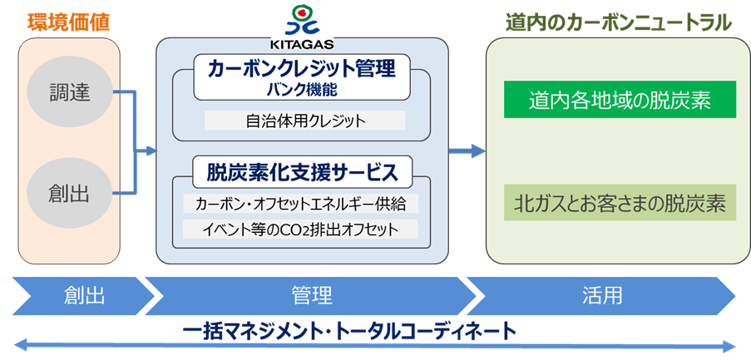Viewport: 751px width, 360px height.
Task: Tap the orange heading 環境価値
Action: pos(69,22)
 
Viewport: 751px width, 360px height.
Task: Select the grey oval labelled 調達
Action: pos(70,93)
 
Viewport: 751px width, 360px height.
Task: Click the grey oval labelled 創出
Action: pos(70,194)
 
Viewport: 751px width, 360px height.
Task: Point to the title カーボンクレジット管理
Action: pos(302,69)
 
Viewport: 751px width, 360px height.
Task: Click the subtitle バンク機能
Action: pos(302,91)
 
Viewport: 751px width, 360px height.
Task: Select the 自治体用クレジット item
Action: pos(305,121)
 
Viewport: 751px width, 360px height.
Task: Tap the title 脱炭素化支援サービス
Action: pos(303,172)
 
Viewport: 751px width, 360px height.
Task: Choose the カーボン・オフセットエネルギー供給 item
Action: pos(301,204)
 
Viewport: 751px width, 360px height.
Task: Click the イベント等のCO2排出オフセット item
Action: pos(301,229)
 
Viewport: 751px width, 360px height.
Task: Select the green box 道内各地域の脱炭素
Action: pos(620,100)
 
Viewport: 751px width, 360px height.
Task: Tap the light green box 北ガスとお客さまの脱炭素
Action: pos(620,203)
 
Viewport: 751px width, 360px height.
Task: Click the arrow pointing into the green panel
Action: pos(467,150)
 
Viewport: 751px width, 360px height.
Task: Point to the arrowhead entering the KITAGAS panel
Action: pos(152,151)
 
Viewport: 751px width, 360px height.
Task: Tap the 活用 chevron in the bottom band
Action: pos(601,296)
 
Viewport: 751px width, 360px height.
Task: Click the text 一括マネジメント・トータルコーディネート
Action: pos(349,331)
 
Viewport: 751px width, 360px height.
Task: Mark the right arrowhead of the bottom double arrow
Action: pos(730,346)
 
